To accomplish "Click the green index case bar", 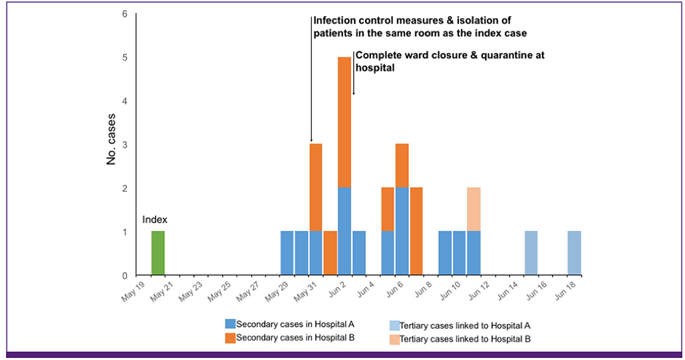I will pos(158,253).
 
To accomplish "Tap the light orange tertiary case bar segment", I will pos(474,210).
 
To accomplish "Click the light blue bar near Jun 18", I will pos(575,253).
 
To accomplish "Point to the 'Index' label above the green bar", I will pos(154,220).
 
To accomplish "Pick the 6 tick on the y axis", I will pos(125,14).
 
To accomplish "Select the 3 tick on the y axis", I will pos(125,144).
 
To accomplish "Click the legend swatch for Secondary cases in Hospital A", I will pos(230,324).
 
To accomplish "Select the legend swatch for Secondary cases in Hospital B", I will pos(230,337).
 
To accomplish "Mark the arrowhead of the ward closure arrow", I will pos(353,92).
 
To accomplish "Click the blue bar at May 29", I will pos(287,253).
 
